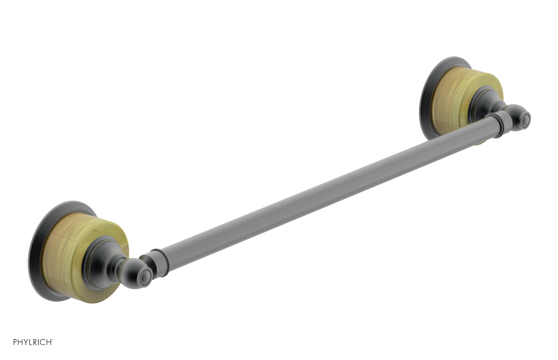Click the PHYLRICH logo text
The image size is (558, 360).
(32, 342)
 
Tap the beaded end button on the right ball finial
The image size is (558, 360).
(524, 121)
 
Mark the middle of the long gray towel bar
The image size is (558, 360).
(328, 195)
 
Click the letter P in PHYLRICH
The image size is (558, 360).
(15, 342)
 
